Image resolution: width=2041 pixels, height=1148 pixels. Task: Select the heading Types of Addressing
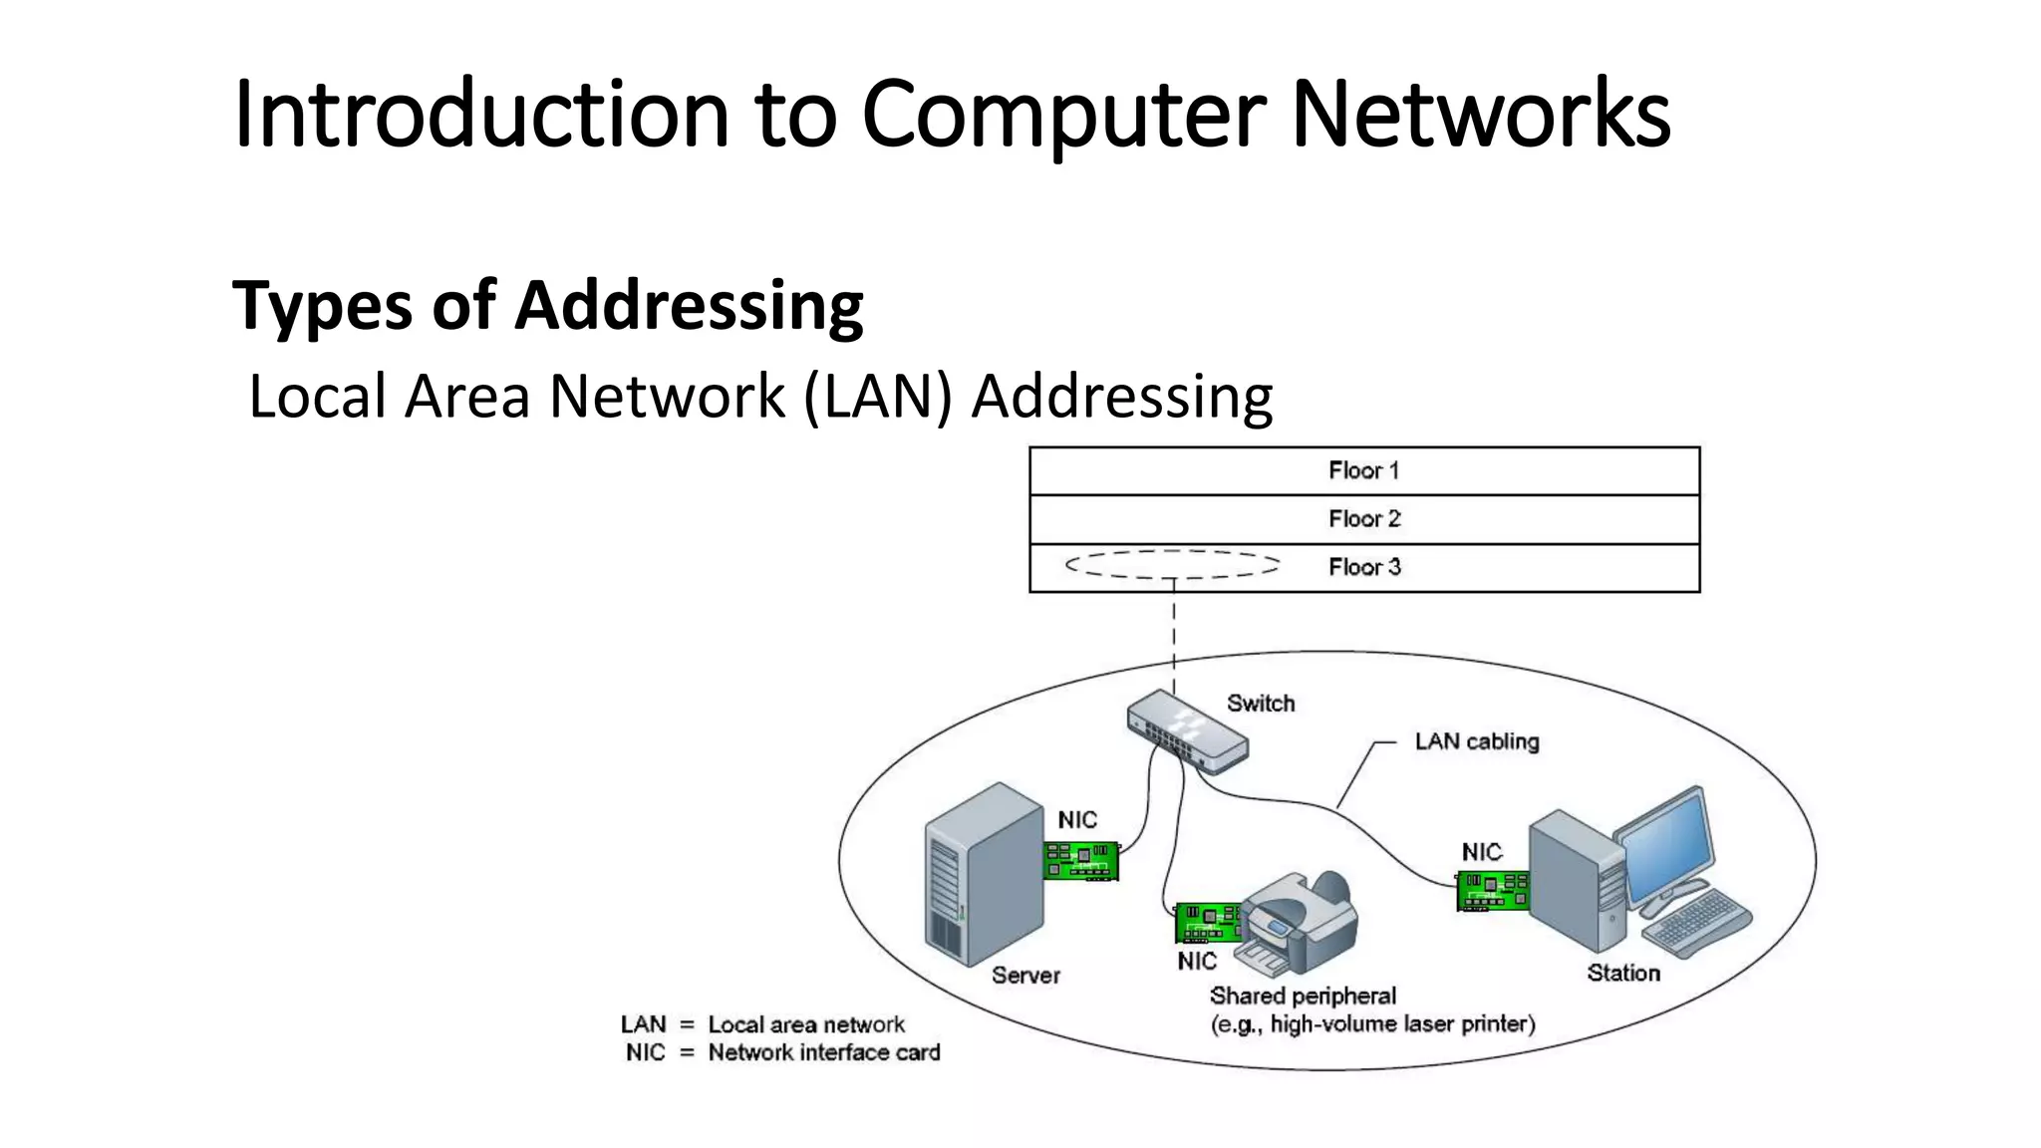tap(547, 305)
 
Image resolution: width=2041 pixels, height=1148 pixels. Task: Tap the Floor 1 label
tap(1363, 470)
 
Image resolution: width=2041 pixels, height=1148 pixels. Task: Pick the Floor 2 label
tap(1363, 518)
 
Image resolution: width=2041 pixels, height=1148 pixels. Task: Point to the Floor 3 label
tap(1363, 567)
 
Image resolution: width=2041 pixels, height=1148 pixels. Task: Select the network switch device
tap(1186, 732)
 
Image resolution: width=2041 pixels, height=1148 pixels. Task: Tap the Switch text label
tap(1261, 704)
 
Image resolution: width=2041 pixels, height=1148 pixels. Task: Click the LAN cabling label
tap(1476, 741)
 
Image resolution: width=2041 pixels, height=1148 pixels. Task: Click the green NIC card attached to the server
tap(1080, 861)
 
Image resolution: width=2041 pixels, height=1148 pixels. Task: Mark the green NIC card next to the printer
tap(1208, 922)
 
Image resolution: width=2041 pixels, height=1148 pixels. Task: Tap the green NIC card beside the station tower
tap(1492, 890)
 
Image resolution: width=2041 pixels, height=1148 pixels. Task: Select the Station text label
tap(1622, 973)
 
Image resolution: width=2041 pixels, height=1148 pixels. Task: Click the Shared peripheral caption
tap(1303, 996)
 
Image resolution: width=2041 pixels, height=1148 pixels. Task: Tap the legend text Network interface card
tap(823, 1052)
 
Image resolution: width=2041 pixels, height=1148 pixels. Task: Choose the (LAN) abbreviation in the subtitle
tap(878, 397)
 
